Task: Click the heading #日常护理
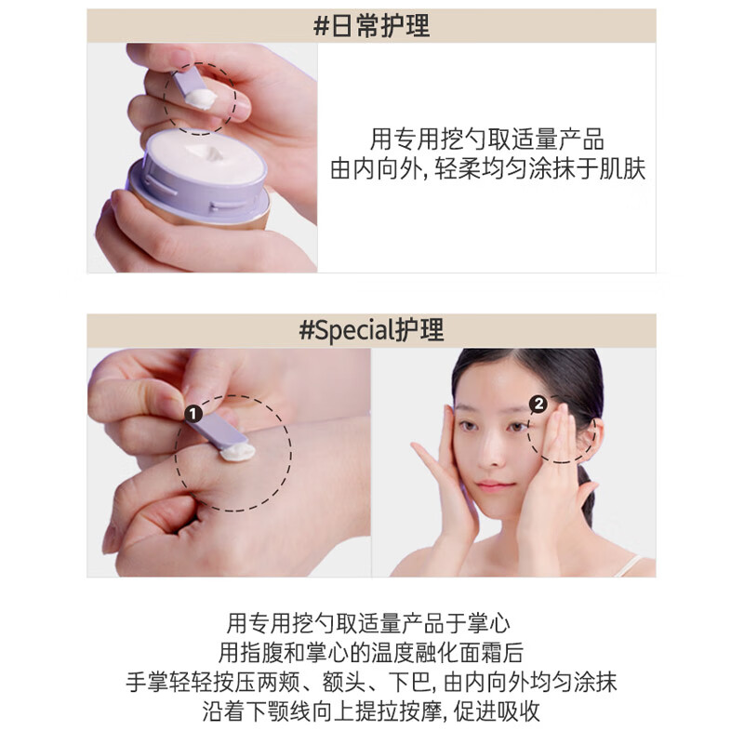pyautogui.click(x=371, y=26)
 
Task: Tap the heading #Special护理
pyautogui.click(x=371, y=330)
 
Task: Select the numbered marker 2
pyautogui.click(x=537, y=404)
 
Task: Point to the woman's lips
pyautogui.click(x=495, y=485)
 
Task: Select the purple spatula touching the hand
pyautogui.click(x=220, y=429)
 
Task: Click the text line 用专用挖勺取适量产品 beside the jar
pyautogui.click(x=487, y=140)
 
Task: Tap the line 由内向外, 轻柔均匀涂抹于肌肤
pyautogui.click(x=487, y=170)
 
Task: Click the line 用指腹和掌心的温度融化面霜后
pyautogui.click(x=371, y=652)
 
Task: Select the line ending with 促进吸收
pyautogui.click(x=371, y=711)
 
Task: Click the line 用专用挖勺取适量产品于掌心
pyautogui.click(x=371, y=622)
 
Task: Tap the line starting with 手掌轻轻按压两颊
pyautogui.click(x=371, y=682)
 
